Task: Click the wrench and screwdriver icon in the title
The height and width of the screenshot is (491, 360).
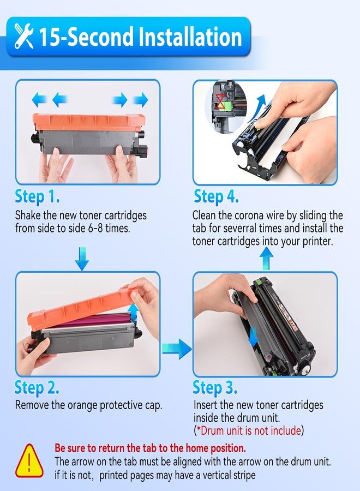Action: [24, 37]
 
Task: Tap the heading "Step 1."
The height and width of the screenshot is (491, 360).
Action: [37, 196]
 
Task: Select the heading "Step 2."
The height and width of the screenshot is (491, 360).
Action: [37, 388]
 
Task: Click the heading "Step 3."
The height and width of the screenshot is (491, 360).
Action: [215, 388]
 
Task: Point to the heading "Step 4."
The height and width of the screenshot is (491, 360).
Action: [217, 196]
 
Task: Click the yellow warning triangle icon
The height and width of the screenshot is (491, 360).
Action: [29, 460]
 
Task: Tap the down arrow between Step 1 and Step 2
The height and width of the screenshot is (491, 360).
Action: [82, 259]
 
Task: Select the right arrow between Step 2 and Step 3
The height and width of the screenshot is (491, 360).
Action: [177, 349]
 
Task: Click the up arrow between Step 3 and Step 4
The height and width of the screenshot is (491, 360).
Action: [266, 259]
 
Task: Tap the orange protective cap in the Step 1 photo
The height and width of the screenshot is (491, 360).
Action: [89, 122]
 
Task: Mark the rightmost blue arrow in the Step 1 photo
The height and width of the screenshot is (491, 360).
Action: [141, 100]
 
